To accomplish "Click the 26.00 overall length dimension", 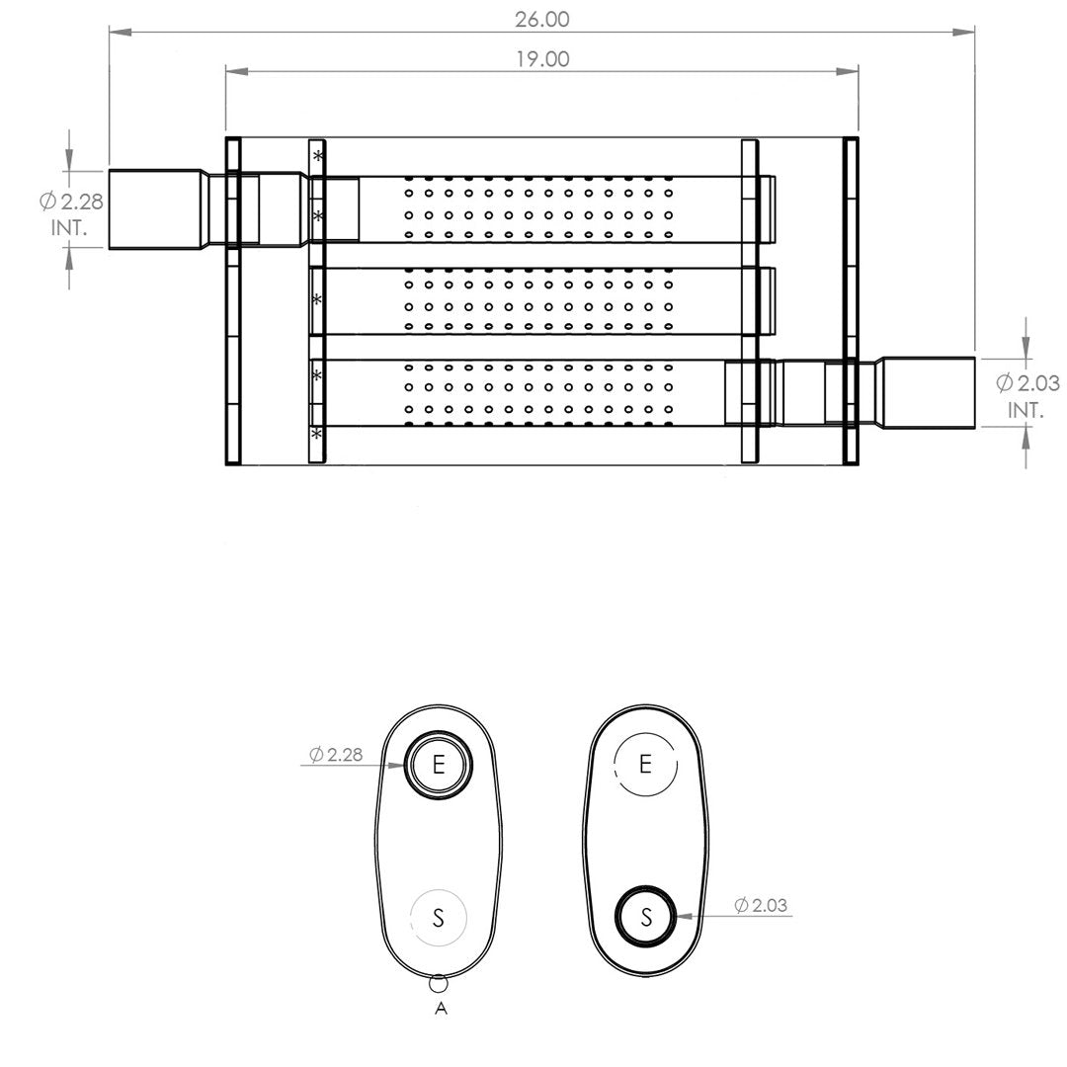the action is pyautogui.click(x=541, y=19).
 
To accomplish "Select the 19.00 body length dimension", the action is pyautogui.click(x=542, y=59).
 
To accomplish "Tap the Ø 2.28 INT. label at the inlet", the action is pyautogui.click(x=71, y=214).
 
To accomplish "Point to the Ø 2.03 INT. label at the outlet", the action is pyautogui.click(x=1027, y=396).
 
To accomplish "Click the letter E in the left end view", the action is pyautogui.click(x=439, y=765).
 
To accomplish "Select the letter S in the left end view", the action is pyautogui.click(x=439, y=918).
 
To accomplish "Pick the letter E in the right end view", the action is pyautogui.click(x=646, y=764).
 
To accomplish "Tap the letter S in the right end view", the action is pyautogui.click(x=646, y=917).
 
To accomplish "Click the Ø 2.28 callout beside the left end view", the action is pyautogui.click(x=336, y=754).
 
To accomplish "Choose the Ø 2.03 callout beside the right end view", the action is pyautogui.click(x=761, y=905).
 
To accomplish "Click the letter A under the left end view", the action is pyautogui.click(x=441, y=1009).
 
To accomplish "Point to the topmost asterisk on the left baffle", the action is pyautogui.click(x=318, y=156).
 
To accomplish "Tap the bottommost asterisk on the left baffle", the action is pyautogui.click(x=316, y=433).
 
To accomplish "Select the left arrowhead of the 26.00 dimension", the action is pyautogui.click(x=121, y=32).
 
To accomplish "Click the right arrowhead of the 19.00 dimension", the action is pyautogui.click(x=848, y=71).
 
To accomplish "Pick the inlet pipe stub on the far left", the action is pyautogui.click(x=156, y=208).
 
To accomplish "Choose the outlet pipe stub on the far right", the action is pyautogui.click(x=928, y=393).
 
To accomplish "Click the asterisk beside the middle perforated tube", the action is pyautogui.click(x=317, y=299).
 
